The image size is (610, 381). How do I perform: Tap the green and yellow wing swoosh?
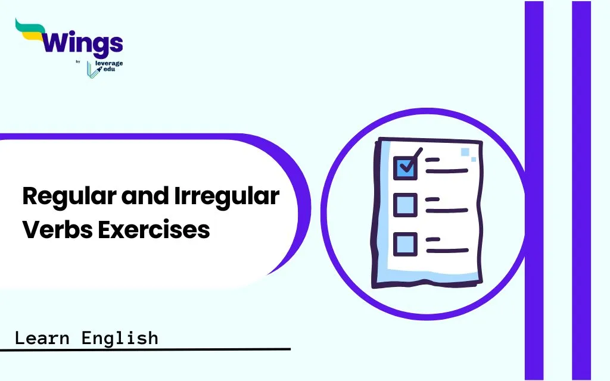pos(30,30)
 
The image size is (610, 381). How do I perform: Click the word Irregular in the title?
pos(226,195)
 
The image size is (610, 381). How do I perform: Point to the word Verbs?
pos(58,229)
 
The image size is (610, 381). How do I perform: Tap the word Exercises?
pos(154,229)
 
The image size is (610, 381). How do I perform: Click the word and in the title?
pos(145,195)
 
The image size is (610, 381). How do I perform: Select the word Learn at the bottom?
pos(42,338)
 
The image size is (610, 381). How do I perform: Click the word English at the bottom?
pos(120,338)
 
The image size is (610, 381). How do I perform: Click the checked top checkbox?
pos(405,168)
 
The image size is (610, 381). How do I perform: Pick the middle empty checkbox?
pos(405,205)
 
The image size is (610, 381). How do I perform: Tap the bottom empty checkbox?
pos(405,244)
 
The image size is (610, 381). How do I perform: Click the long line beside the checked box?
pos(447,171)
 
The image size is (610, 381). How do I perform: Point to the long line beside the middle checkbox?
pos(447,211)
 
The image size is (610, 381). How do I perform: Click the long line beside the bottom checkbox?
pos(447,251)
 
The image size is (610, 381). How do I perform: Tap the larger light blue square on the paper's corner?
pos(465,152)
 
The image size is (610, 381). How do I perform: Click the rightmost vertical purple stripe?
pos(581,190)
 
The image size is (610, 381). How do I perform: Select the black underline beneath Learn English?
pos(145,349)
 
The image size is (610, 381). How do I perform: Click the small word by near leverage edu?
pos(78,61)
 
